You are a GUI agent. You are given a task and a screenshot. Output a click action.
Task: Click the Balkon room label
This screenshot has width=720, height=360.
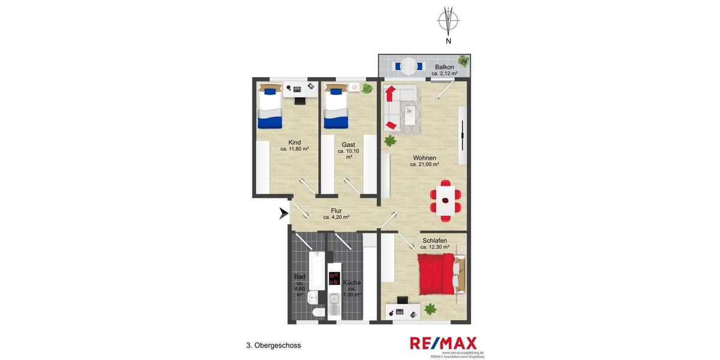444,67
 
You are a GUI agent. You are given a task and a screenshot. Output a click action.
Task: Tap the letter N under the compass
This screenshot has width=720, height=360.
448,41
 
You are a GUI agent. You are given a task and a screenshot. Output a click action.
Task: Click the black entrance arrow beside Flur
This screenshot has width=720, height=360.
284,214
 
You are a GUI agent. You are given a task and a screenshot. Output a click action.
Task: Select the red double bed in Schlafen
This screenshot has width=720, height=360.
436,274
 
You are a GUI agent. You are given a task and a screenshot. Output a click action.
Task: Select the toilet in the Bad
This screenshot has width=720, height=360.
318,313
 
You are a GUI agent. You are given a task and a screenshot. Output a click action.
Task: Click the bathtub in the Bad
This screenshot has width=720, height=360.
316,270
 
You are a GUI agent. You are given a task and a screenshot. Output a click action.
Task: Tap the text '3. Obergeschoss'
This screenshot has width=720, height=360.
273,346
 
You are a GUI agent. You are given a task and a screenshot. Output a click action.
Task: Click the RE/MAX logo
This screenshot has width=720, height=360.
443,343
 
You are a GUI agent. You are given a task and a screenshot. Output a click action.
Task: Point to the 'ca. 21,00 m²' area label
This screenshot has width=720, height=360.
424,164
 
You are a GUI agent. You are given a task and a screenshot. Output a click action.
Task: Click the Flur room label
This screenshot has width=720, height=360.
336,211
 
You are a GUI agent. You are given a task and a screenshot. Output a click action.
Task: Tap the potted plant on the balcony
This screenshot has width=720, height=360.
463,60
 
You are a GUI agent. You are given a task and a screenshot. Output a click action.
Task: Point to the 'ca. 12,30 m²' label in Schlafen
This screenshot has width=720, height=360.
434,247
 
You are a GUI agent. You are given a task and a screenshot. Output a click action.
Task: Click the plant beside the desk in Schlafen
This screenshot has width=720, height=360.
430,310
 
